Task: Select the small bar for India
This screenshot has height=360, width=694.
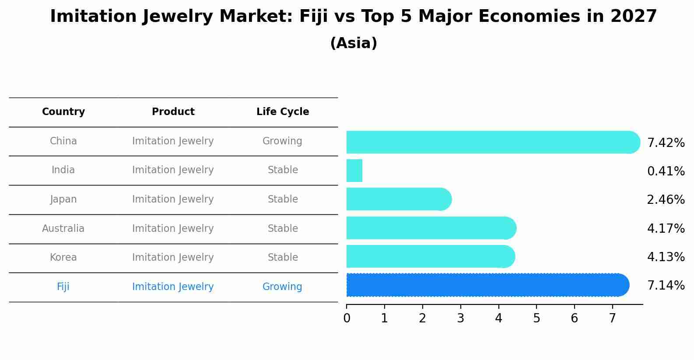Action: (354, 171)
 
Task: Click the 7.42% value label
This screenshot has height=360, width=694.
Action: (666, 143)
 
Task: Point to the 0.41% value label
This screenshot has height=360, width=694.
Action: (666, 171)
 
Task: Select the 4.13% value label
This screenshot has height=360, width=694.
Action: (666, 257)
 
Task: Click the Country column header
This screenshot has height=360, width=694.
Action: (63, 112)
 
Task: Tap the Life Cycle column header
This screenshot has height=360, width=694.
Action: (283, 112)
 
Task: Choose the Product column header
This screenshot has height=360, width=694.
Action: (173, 112)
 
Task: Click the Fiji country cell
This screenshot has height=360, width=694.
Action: (63, 287)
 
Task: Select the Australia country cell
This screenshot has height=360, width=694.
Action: (63, 228)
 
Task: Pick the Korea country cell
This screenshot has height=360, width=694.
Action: (63, 258)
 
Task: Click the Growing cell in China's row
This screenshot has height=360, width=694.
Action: (282, 141)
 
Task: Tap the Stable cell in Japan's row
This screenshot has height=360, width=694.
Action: (283, 199)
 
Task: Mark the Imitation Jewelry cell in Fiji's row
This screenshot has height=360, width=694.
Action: (173, 287)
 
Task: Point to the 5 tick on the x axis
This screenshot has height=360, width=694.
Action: (536, 318)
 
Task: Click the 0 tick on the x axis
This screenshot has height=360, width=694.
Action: (347, 318)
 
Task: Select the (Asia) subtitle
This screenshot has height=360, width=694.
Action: (354, 43)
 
